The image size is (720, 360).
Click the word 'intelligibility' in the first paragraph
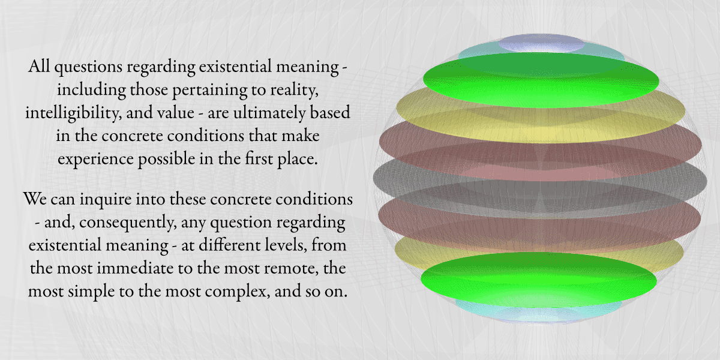[x=71, y=113]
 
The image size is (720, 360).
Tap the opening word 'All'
[x=39, y=67]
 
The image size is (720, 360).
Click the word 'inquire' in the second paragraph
[x=106, y=200]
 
